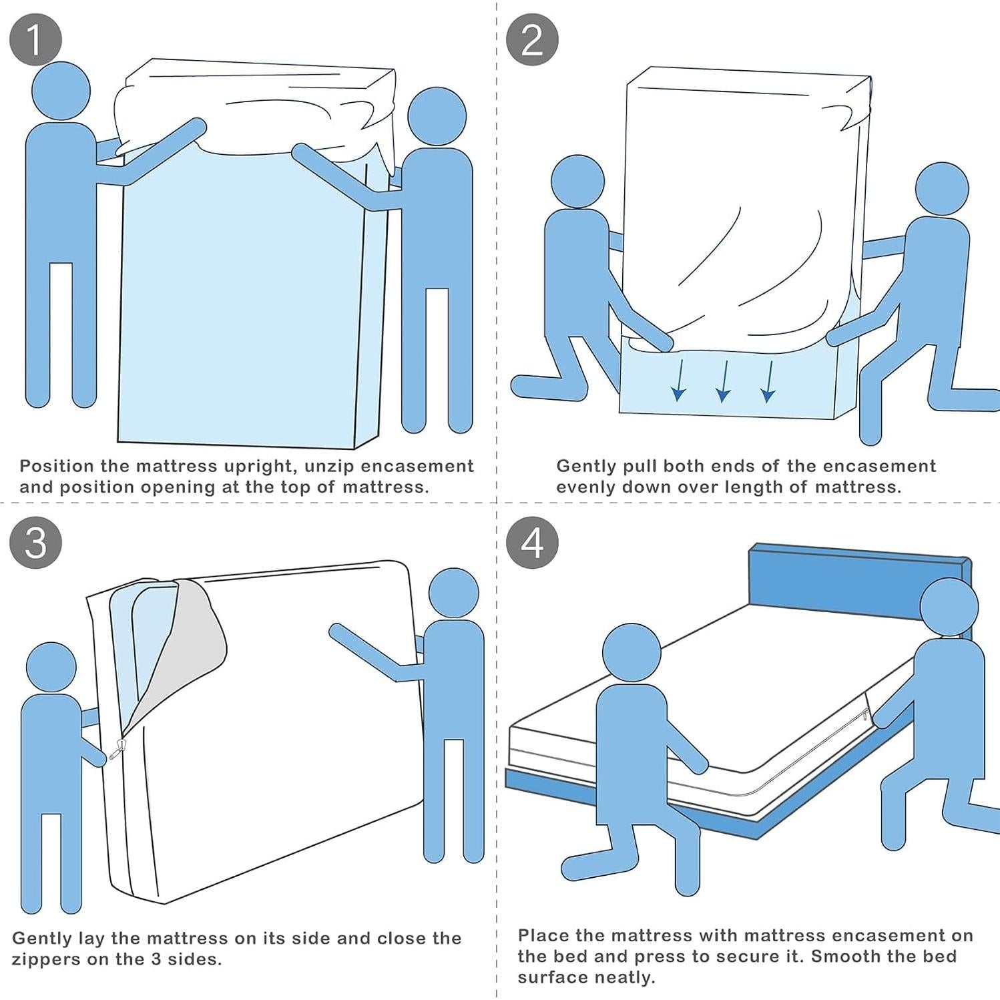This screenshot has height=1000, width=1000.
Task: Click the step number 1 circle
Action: point(36,40)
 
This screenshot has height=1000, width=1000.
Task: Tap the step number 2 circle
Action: point(532,39)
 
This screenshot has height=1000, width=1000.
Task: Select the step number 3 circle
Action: point(36,542)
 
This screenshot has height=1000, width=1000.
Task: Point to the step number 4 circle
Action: point(532,542)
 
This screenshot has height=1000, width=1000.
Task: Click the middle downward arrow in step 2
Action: point(723,381)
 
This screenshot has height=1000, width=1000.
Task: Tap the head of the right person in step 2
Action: point(942,189)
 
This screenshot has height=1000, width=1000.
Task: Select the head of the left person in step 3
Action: point(51,669)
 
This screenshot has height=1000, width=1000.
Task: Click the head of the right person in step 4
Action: point(949,607)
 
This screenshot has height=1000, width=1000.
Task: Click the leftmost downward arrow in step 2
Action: point(679,380)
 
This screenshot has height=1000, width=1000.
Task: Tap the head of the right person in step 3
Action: point(454,593)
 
